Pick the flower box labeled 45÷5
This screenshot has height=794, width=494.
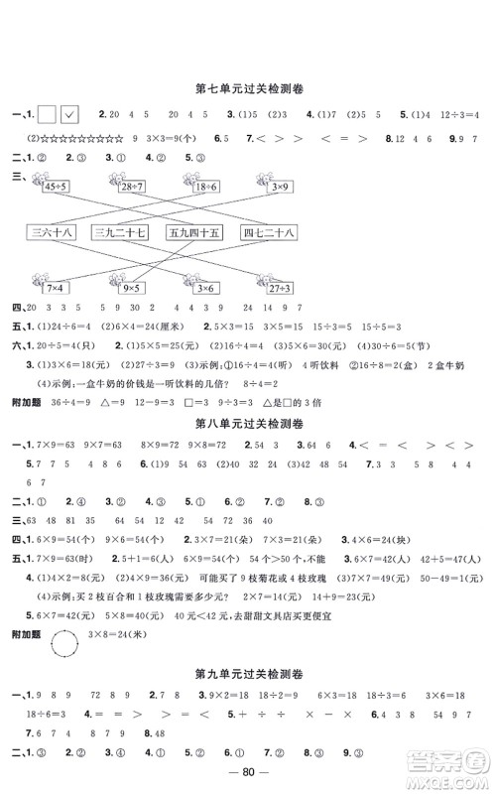pyautogui.click(x=57, y=186)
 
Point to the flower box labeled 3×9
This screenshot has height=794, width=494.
pyautogui.click(x=279, y=186)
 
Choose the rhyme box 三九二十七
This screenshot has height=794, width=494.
pyautogui.click(x=119, y=233)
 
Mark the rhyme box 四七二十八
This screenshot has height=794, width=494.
pyautogui.click(x=268, y=233)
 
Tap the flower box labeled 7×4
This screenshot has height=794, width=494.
pyautogui.click(x=53, y=287)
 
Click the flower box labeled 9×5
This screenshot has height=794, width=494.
pyautogui.click(x=130, y=287)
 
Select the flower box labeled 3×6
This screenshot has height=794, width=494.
pyautogui.click(x=203, y=287)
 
